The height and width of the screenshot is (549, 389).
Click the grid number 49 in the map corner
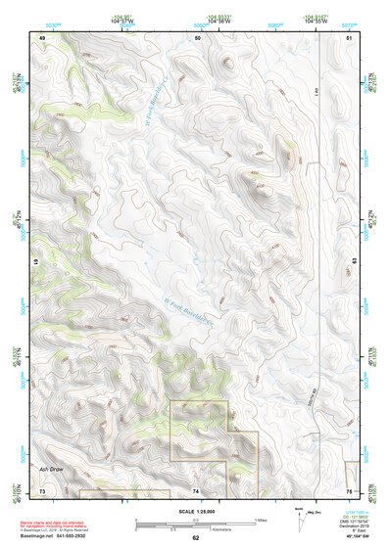(42, 37)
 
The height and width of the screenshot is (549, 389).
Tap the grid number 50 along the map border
(197, 37)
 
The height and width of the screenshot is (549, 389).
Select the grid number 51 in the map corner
(350, 37)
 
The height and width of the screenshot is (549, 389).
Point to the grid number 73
(42, 489)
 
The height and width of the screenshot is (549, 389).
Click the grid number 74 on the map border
(197, 489)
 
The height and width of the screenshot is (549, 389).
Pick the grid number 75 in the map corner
(350, 489)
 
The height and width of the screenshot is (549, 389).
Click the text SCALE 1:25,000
(195, 511)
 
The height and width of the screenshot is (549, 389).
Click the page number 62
(195, 537)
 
